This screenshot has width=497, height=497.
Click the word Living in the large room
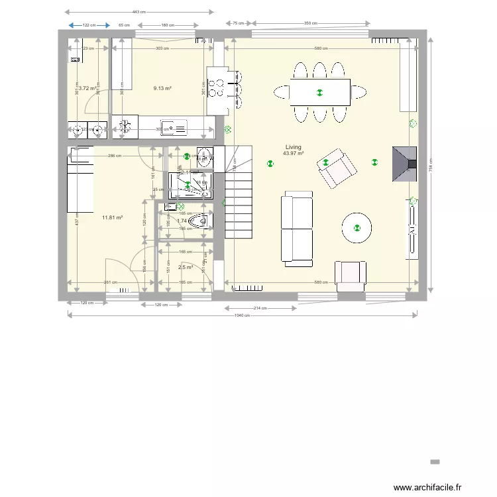coord(293,147)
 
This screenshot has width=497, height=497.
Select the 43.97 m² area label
coord(293,154)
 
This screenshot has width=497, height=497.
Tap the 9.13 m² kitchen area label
coord(163,88)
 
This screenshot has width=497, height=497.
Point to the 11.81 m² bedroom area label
coord(112,217)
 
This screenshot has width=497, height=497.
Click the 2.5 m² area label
coord(186,268)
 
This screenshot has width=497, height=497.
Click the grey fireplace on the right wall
coord(404,164)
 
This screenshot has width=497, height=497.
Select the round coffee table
coord(357,229)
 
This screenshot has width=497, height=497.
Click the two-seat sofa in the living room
coord(297,229)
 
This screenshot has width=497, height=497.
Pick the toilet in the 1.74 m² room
coord(199,221)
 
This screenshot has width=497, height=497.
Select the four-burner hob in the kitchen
coord(217,88)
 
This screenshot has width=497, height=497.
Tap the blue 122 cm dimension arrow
coord(89,25)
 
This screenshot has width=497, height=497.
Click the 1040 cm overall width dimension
coord(242,315)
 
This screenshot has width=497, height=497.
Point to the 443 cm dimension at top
coord(139,12)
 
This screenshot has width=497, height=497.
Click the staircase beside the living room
coord(239,195)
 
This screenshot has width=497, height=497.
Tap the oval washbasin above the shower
coord(205,156)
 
